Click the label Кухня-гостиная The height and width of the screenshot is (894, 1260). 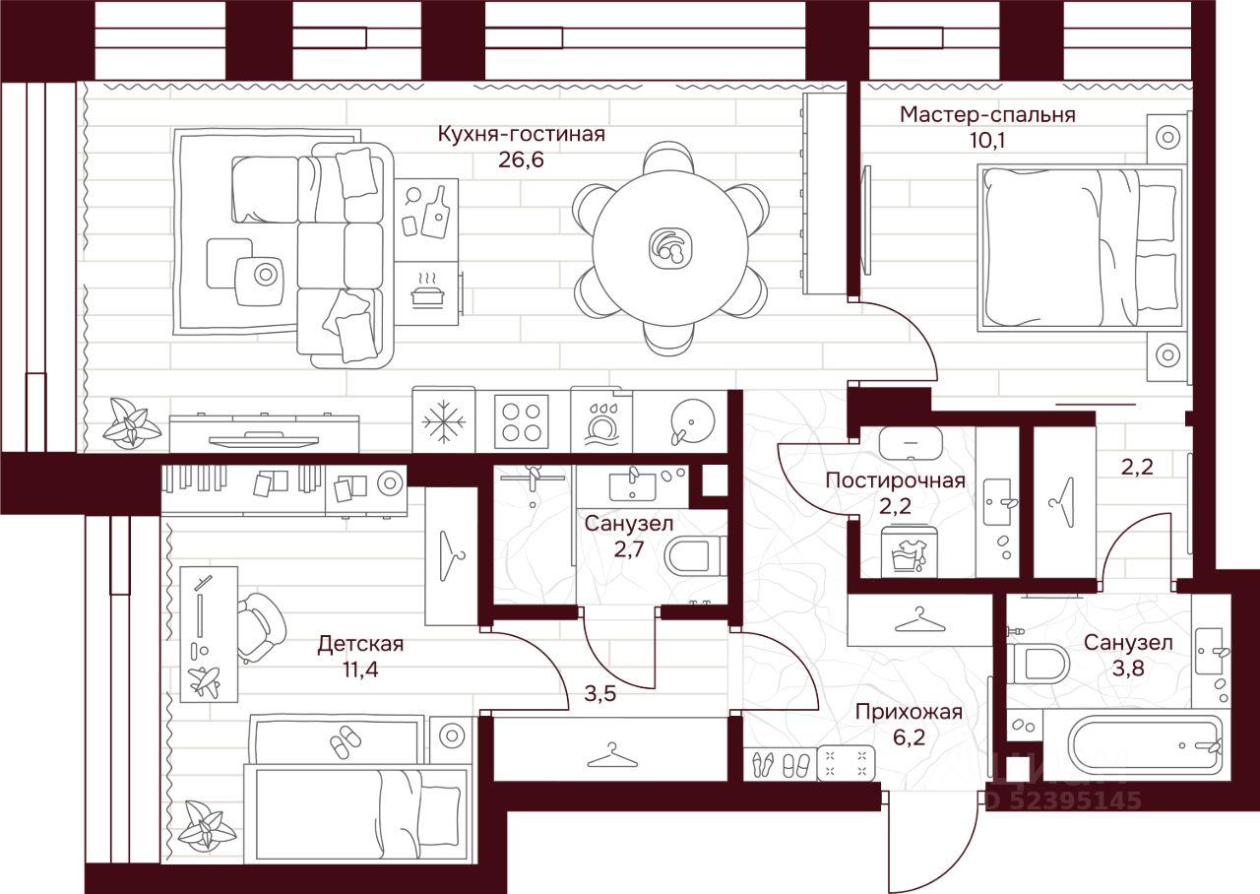click(521, 134)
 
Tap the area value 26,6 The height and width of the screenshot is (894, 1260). click(521, 160)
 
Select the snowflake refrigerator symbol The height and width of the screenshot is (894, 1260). click(443, 420)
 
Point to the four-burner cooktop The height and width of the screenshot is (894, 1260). click(521, 420)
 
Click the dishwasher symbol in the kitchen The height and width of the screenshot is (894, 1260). click(599, 420)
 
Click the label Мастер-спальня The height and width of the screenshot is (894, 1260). click(987, 114)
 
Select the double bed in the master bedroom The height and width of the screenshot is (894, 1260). click(1078, 247)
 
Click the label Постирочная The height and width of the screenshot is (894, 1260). click(895, 480)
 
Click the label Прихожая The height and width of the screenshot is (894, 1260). click(908, 712)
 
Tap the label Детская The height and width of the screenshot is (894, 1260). click(360, 644)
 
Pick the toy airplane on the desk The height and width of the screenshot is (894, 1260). click(206, 679)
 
